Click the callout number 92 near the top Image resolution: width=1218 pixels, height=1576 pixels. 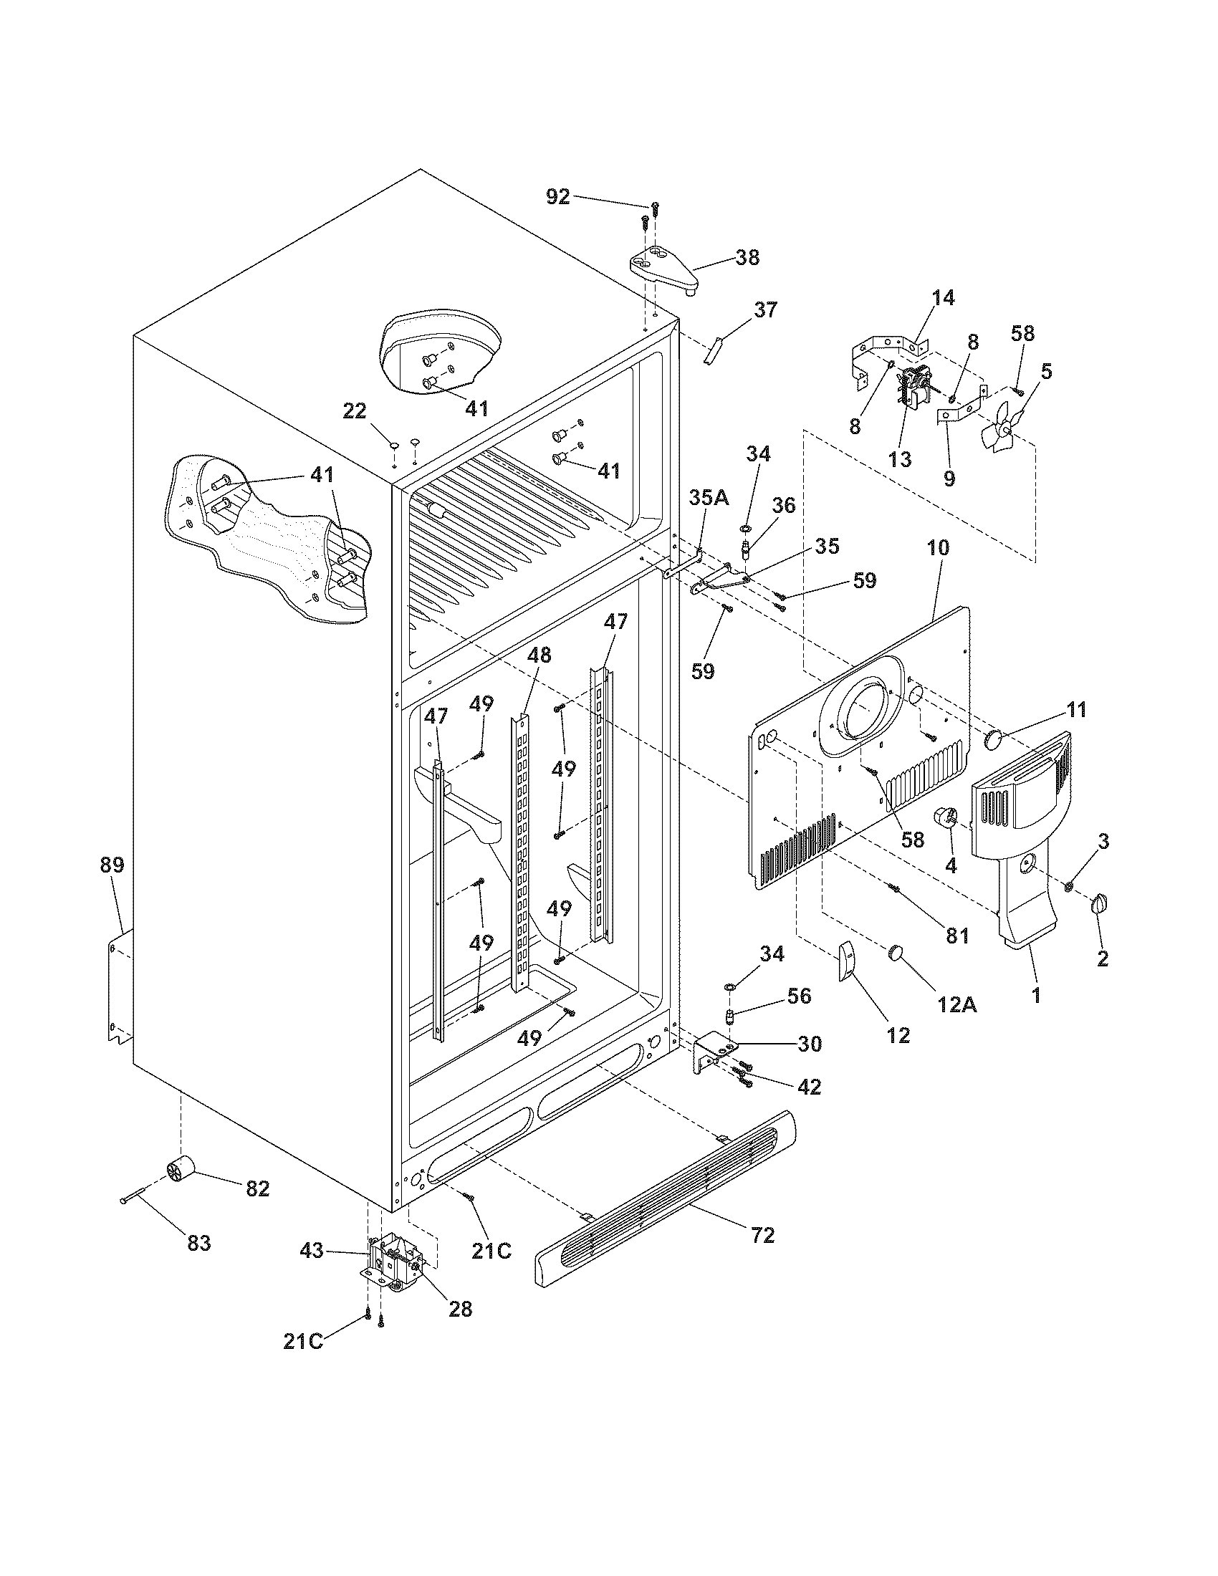(557, 196)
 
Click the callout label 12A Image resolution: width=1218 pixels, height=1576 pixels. (957, 1004)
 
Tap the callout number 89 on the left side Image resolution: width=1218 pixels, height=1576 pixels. (112, 865)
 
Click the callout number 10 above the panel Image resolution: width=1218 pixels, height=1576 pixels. (939, 548)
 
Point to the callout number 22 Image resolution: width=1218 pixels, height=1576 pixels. (354, 411)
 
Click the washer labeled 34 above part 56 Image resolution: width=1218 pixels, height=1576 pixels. (729, 986)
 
